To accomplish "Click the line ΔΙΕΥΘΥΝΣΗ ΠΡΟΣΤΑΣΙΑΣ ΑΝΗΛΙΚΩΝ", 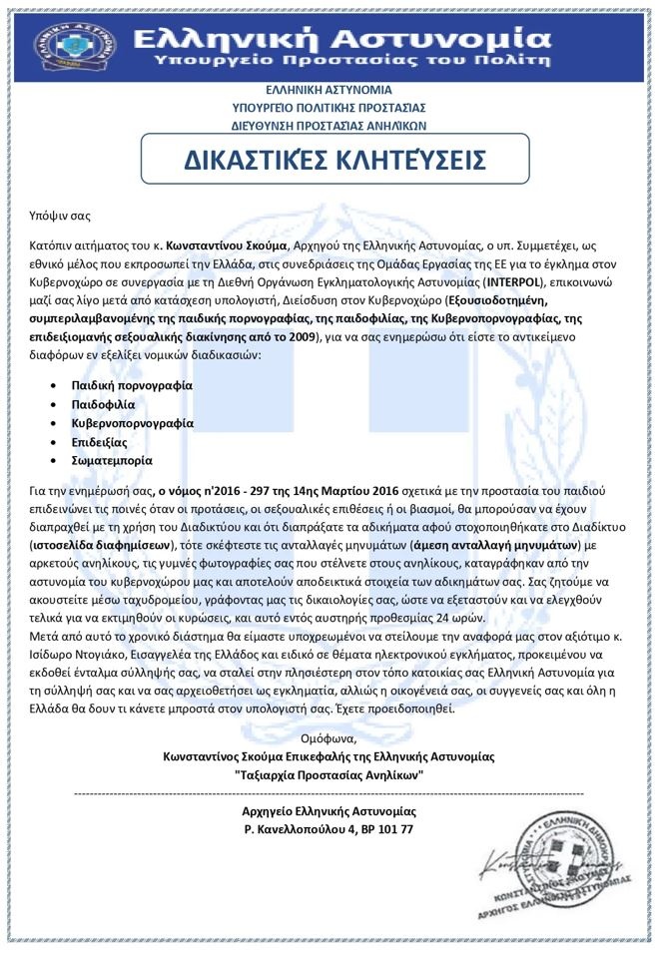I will (x=330, y=126).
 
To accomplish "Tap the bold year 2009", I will (x=297, y=338).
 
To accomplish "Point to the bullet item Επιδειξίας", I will (x=99, y=442).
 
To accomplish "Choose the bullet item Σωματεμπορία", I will (x=110, y=461).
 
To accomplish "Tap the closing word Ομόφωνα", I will (x=329, y=738).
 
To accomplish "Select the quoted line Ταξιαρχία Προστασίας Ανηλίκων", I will (x=329, y=774).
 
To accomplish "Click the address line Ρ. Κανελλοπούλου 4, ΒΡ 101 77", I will (x=329, y=829).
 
